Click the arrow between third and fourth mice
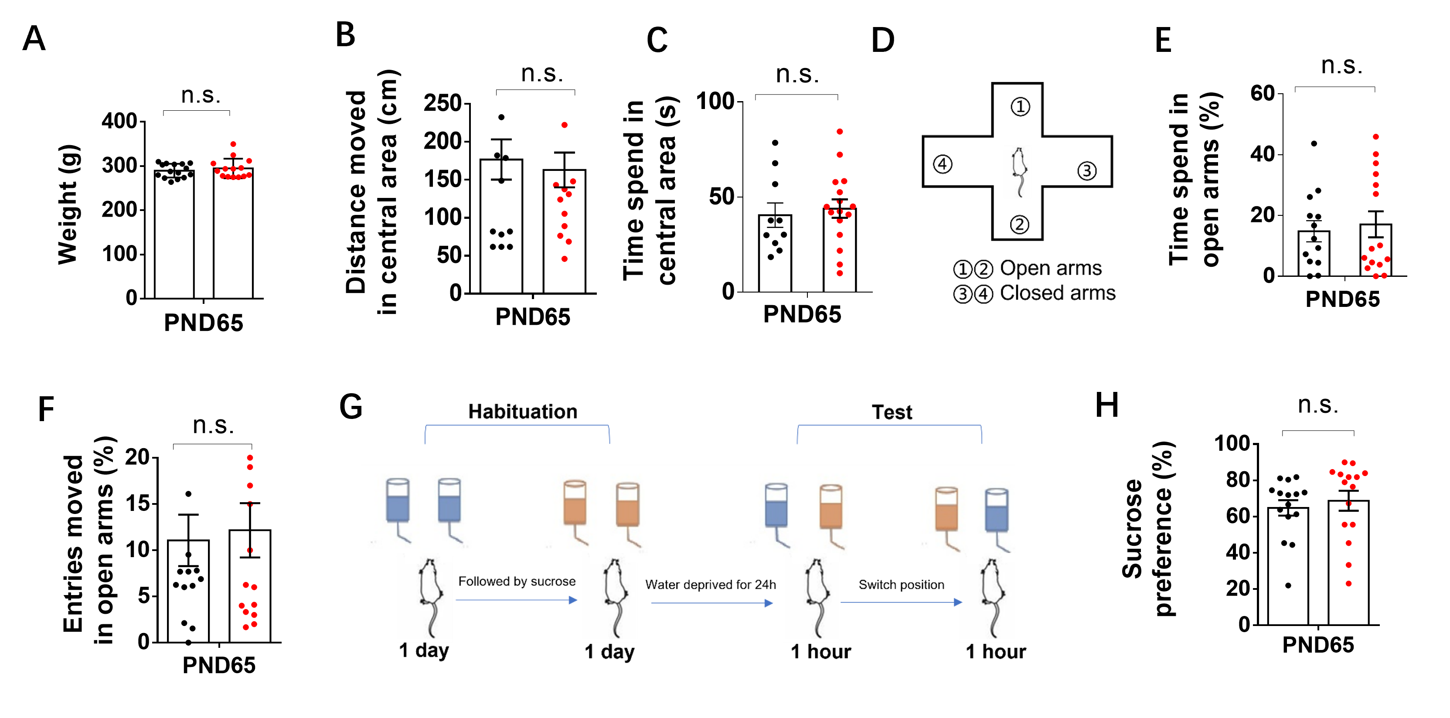tap(901, 602)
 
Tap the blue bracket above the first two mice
tap(517, 426)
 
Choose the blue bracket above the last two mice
tap(889, 426)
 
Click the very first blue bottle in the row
tap(398, 501)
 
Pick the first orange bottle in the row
tap(575, 504)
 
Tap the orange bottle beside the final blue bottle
tap(946, 510)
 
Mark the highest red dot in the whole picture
tap(565, 125)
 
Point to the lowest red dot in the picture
tap(246, 627)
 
